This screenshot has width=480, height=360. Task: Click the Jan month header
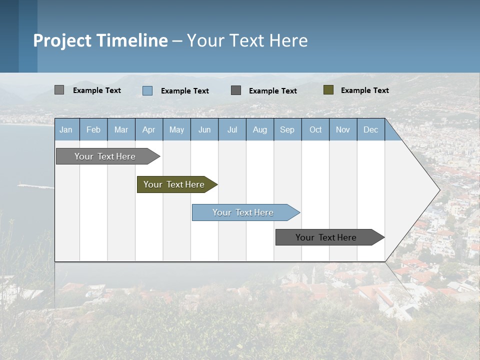pyautogui.click(x=66, y=130)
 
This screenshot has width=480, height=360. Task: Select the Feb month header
pyautogui.click(x=93, y=130)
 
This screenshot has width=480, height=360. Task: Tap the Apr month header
pyautogui.click(x=148, y=130)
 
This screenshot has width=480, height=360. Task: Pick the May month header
pyautogui.click(x=176, y=130)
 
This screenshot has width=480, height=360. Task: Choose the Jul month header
pyautogui.click(x=232, y=130)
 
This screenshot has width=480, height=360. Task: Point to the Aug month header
pyautogui.click(x=260, y=130)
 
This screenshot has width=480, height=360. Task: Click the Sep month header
pyautogui.click(x=287, y=130)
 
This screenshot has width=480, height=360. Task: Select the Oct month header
pyautogui.click(x=315, y=130)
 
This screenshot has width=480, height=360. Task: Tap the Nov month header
pyautogui.click(x=343, y=130)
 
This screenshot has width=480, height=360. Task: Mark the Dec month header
pyautogui.click(x=370, y=130)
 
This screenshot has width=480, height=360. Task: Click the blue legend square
pyautogui.click(x=147, y=90)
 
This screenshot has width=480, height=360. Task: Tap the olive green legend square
pyautogui.click(x=328, y=90)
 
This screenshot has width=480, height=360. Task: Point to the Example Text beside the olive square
pyautogui.click(x=364, y=90)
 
